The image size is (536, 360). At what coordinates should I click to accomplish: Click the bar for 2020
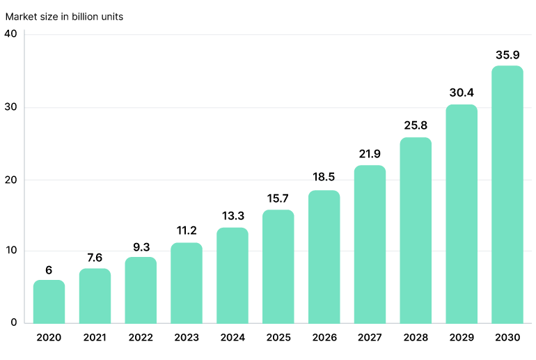pos(49,302)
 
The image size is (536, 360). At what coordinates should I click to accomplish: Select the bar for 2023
pos(187,283)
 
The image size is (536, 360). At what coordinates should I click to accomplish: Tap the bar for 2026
pos(324,257)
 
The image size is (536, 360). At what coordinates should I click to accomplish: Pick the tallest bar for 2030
pos(507,194)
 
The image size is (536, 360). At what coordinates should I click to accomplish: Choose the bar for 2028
pos(416,230)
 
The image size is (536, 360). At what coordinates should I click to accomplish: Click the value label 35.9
pos(507,54)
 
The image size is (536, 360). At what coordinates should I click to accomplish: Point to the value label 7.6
pos(95,258)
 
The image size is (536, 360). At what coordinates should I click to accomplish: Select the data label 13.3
pos(232,215)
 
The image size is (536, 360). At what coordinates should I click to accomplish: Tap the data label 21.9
pos(370,153)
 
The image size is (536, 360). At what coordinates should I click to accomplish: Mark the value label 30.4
pos(461,93)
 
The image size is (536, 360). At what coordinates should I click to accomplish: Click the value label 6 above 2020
pos(49,269)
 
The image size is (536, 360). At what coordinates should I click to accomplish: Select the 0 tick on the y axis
pos(13,322)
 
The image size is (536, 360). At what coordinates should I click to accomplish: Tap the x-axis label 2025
pos(278,337)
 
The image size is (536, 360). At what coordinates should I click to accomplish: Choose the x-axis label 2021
pos(95,337)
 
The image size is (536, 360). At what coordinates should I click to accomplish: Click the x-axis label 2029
pos(461,337)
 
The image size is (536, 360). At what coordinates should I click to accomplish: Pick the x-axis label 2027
pos(370,337)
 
